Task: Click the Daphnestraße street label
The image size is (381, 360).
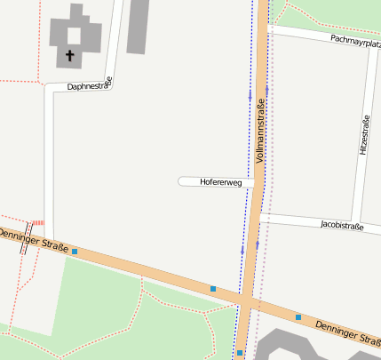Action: (90, 85)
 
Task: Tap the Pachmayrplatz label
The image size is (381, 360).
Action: (354, 39)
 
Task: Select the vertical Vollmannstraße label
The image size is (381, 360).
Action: (260, 132)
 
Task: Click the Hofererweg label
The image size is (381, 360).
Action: (221, 181)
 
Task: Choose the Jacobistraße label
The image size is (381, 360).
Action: (342, 226)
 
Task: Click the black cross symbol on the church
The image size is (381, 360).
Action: (70, 56)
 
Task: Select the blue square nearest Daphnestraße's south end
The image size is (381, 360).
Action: (75, 252)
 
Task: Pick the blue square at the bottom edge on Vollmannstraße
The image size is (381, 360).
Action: (240, 353)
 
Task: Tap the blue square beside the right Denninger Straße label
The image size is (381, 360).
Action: (298, 317)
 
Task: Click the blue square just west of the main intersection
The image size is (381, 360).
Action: (213, 288)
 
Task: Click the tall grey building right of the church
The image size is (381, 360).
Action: (138, 26)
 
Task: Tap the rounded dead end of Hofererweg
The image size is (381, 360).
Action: (182, 181)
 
